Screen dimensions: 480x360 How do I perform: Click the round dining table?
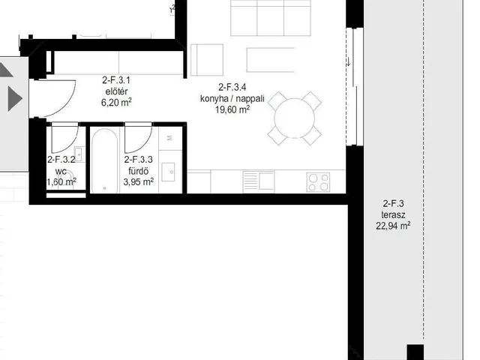pos(294,118)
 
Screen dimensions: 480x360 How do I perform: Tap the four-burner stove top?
pos(318,182)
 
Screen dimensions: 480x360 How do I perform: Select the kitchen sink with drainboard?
pos(259,181)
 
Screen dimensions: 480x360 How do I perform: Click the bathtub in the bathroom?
pos(105,161)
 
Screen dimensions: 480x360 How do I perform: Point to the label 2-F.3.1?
pos(116,80)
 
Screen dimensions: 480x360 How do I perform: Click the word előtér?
pos(116,91)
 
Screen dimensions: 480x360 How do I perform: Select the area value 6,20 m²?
pos(116,102)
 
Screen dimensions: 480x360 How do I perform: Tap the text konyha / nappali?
pos(232,98)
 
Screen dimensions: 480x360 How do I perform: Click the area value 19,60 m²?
pos(232,109)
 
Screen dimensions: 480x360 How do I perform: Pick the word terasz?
pos(393,214)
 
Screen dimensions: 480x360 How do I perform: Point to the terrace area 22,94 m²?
pos(393,226)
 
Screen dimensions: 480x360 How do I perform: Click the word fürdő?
pos(138,171)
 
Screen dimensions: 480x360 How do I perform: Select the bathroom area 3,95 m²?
pos(138,181)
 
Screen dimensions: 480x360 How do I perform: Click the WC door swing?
pos(70,144)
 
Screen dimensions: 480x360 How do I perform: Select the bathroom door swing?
pos(144,144)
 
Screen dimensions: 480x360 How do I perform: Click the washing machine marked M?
pos(170,138)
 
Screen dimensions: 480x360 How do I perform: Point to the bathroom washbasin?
pos(168,172)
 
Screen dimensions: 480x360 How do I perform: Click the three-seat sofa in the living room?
pos(271,18)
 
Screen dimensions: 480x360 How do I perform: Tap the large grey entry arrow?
pos(15,98)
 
